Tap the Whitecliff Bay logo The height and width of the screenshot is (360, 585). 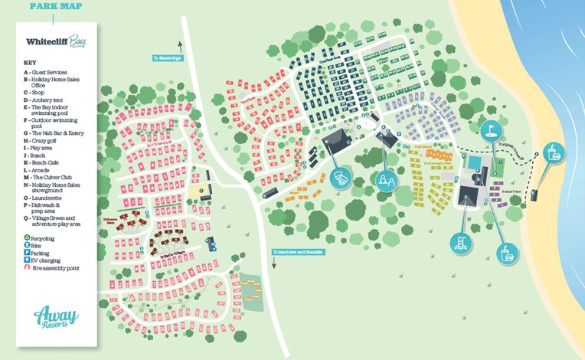tap(55, 43)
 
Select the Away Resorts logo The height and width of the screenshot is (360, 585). tap(56, 316)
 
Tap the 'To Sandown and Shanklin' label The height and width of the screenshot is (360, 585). tap(298, 252)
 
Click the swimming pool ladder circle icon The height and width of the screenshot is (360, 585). tap(462, 244)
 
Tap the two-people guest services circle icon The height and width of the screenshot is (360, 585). tap(383, 180)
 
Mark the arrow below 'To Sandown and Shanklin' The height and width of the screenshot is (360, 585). tap(273, 261)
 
